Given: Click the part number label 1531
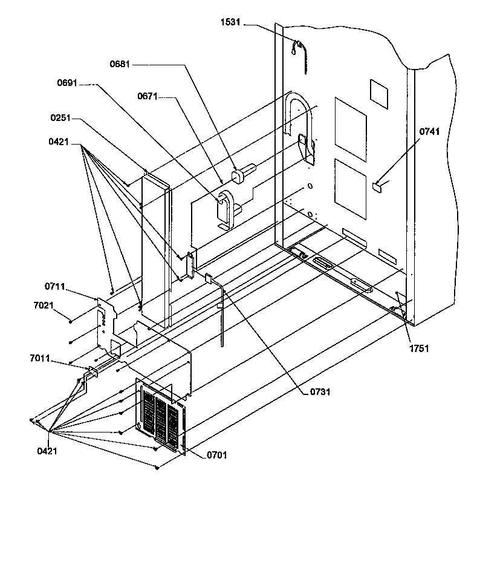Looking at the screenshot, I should tap(231, 22).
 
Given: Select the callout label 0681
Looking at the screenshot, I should tap(120, 64).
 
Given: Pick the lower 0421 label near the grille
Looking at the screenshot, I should tap(48, 451).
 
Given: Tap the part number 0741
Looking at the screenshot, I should tap(431, 131).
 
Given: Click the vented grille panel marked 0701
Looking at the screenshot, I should tap(160, 417).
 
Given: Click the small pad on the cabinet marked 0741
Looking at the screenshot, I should tap(378, 187).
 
